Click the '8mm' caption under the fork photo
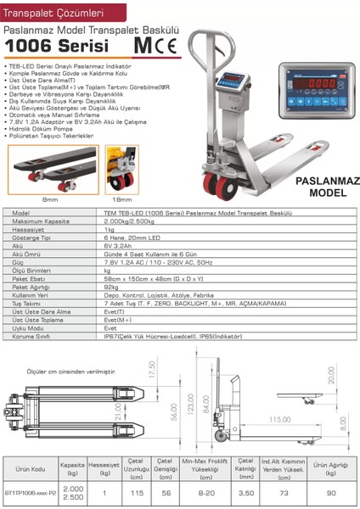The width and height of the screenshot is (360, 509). click(x=50, y=201)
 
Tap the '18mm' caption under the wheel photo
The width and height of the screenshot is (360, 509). click(x=123, y=201)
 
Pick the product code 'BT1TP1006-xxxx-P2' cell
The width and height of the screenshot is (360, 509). click(x=29, y=492)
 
